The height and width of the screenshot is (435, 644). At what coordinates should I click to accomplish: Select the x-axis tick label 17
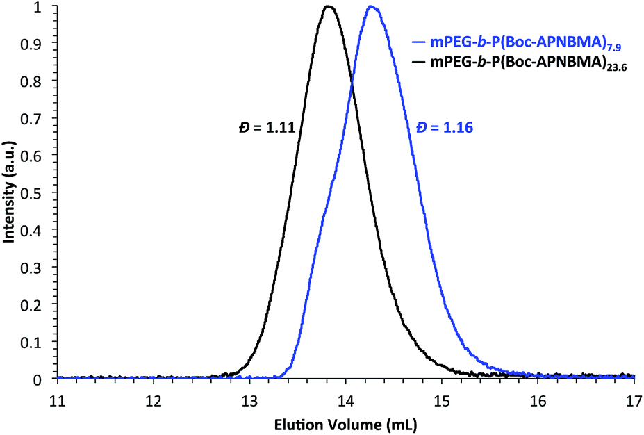click(x=634, y=401)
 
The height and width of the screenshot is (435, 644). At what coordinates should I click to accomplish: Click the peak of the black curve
click(x=329, y=7)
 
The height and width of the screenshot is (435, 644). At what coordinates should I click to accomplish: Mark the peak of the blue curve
click(x=372, y=7)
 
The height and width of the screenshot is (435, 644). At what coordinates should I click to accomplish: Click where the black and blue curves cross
click(x=352, y=78)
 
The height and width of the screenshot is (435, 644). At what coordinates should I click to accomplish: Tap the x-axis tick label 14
click(x=345, y=401)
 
